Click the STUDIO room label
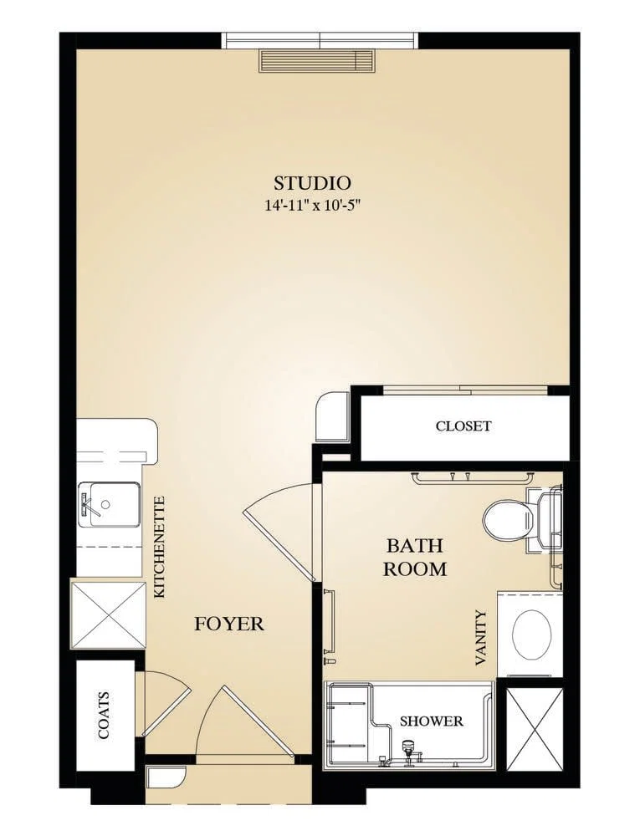click(x=313, y=183)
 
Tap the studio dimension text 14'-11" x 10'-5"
click(x=313, y=206)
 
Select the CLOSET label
click(x=463, y=426)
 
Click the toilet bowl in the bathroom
click(x=509, y=519)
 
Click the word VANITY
click(x=481, y=638)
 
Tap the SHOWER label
click(x=432, y=721)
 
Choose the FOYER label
click(x=228, y=624)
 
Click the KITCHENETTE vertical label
click(x=159, y=547)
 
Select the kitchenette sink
click(x=109, y=504)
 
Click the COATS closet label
click(x=104, y=715)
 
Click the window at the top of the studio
click(x=320, y=40)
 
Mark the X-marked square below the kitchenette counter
click(x=108, y=614)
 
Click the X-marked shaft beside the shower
click(x=534, y=729)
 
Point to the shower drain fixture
click(x=408, y=750)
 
